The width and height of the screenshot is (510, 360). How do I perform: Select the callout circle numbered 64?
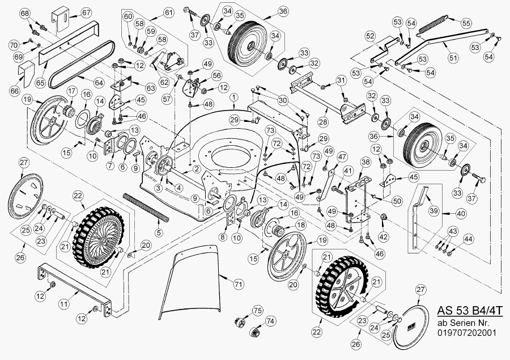[99, 83]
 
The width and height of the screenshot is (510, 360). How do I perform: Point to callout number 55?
[466, 23]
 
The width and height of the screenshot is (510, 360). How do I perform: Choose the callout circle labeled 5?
[159, 232]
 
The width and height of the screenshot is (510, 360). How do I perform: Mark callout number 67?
[86, 12]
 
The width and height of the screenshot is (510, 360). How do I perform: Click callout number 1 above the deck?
[233, 97]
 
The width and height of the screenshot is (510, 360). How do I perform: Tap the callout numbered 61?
[168, 12]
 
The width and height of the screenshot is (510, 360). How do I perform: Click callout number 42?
[384, 236]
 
